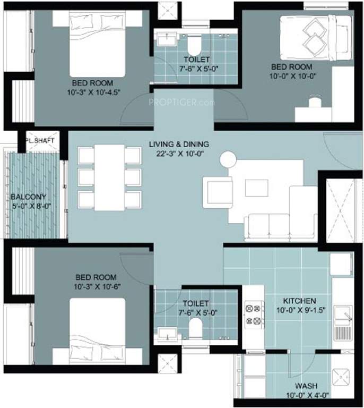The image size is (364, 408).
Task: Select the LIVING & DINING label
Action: (x=179, y=144)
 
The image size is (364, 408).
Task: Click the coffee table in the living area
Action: (x=256, y=187)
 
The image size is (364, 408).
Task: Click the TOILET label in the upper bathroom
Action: (x=197, y=59)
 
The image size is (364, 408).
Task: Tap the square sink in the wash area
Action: (x=340, y=378)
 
